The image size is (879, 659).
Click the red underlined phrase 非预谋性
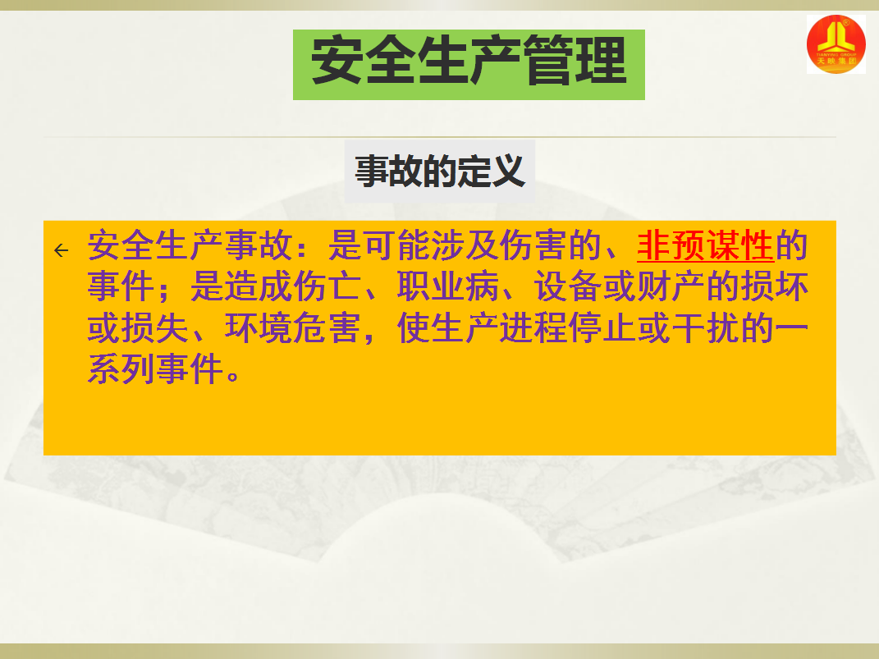click(705, 245)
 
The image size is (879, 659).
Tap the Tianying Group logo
click(836, 44)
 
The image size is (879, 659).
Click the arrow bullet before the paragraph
click(61, 250)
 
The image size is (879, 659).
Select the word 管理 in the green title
click(575, 61)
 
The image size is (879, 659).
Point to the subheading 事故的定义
click(440, 171)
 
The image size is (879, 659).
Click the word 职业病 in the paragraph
click(447, 286)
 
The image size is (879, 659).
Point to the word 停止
click(602, 327)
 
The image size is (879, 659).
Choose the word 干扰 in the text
click(705, 327)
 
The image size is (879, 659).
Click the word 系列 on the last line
click(121, 369)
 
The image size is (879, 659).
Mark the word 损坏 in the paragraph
click(774, 286)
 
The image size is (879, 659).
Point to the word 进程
click(533, 327)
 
